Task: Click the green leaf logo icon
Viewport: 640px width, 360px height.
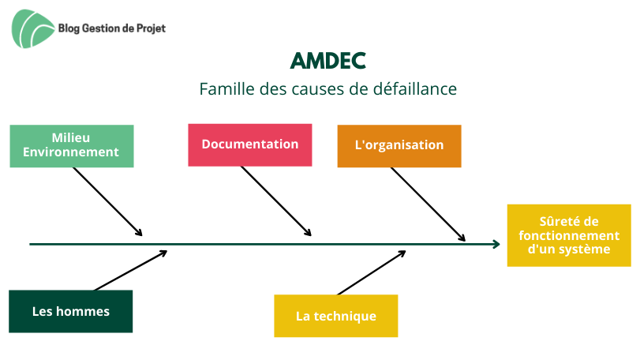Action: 32,28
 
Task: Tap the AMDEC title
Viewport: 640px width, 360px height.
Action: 327,62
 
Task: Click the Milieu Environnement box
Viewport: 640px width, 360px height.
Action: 72,146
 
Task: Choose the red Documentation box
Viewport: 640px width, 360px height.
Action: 250,145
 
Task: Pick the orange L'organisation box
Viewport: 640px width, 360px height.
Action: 399,146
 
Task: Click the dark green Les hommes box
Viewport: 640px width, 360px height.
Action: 70,311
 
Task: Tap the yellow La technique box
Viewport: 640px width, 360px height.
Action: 336,316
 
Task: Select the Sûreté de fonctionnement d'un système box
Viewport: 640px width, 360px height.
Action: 569,235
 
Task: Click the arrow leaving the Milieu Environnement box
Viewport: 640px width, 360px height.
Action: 108,201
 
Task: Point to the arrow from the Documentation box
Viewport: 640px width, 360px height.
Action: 276,201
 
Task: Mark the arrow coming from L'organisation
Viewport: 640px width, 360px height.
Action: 429,204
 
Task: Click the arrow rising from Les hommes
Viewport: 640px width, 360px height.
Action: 131,271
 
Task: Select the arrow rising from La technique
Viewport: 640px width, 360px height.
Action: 372,272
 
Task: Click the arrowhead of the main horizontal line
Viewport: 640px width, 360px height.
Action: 496,245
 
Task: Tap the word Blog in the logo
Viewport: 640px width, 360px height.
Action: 69,28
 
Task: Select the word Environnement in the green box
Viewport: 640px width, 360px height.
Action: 70,152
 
